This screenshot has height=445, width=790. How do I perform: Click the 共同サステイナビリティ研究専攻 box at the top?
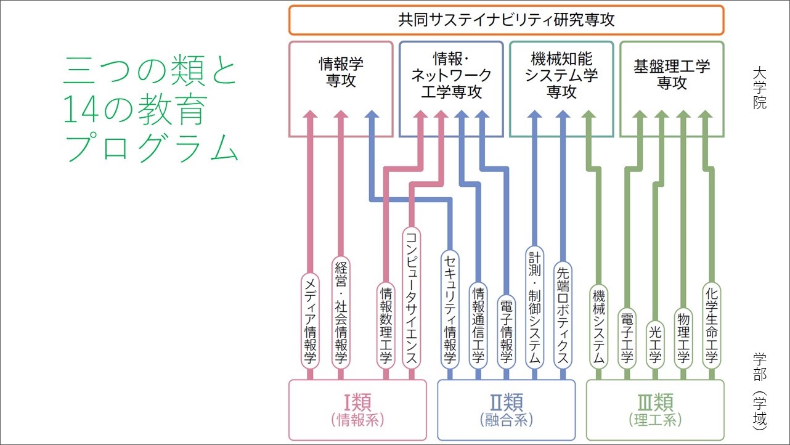tap(506, 20)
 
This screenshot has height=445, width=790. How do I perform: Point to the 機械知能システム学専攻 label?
tap(561, 76)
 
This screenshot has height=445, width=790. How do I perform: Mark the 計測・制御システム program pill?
tap(534, 306)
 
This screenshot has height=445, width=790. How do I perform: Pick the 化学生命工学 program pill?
tap(711, 324)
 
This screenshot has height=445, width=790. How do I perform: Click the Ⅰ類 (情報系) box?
tap(357, 410)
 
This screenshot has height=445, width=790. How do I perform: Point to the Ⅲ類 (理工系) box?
tap(654, 410)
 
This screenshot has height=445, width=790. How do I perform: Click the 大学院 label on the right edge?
tap(759, 88)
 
